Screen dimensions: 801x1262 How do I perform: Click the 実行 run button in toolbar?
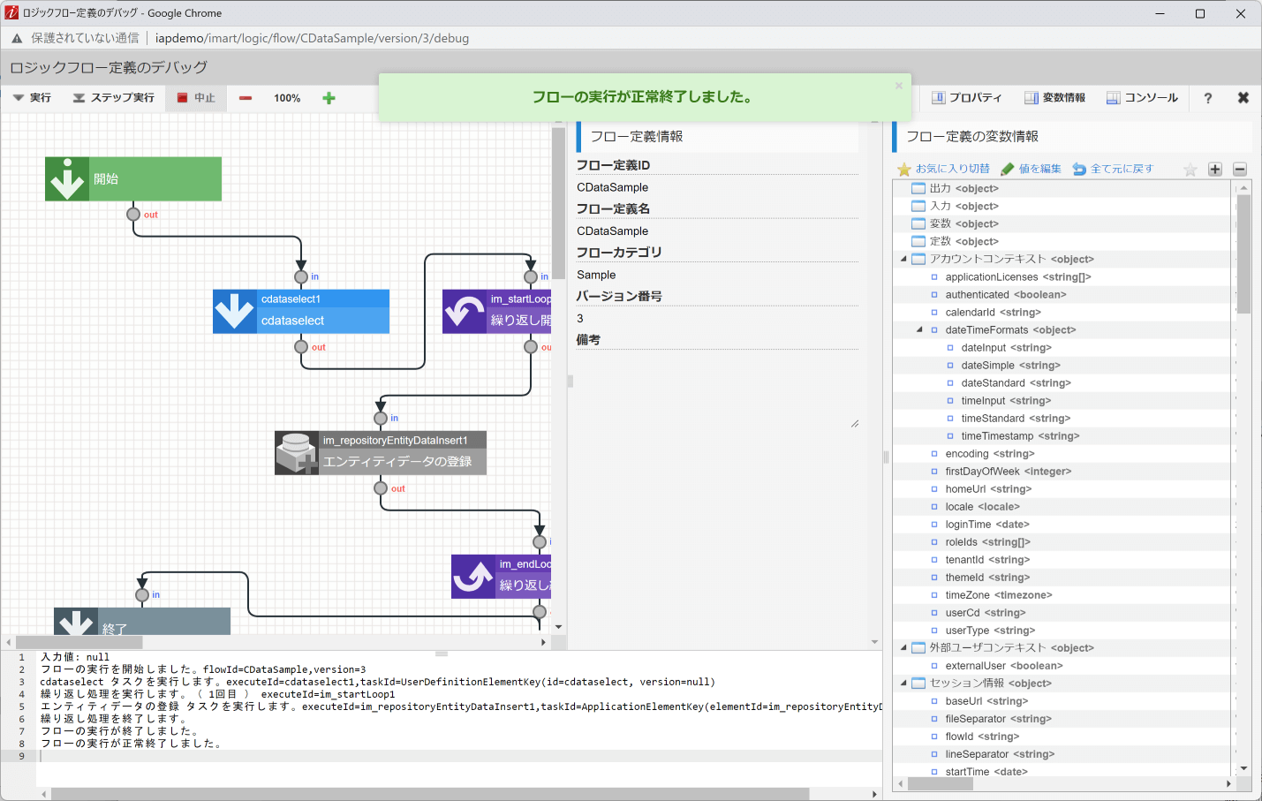(32, 98)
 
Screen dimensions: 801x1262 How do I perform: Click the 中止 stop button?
(196, 98)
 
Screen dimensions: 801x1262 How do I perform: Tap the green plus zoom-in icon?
(329, 98)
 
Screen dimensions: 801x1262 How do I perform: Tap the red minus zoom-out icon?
(246, 98)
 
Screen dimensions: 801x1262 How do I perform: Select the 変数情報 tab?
(1054, 98)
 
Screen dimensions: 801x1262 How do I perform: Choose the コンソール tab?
(1142, 98)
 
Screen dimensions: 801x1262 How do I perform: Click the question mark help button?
(1207, 98)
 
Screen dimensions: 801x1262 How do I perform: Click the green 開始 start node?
(133, 179)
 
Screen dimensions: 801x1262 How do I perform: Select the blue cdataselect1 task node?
(301, 312)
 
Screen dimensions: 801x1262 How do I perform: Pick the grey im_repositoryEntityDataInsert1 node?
(381, 453)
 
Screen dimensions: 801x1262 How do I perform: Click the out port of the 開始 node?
(133, 214)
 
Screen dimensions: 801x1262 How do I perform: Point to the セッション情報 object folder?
(966, 684)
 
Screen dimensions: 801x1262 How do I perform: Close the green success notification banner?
(899, 86)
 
